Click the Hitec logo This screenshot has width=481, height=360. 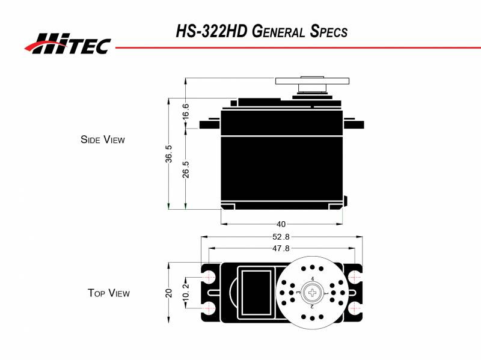[67, 43]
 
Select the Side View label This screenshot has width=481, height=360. [102, 139]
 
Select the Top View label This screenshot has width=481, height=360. [108, 293]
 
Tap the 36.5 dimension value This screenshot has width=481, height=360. [169, 154]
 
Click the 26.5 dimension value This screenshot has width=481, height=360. [186, 169]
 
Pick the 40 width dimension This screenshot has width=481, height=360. [281, 224]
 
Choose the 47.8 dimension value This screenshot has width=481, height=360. [281, 248]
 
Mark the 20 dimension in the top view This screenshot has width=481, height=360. [169, 293]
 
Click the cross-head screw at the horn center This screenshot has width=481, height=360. [313, 293]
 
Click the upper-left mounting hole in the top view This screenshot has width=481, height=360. [210, 276]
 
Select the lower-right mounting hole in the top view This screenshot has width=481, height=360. [355, 308]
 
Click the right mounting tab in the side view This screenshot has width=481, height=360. [354, 125]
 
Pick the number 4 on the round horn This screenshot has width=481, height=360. [313, 278]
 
